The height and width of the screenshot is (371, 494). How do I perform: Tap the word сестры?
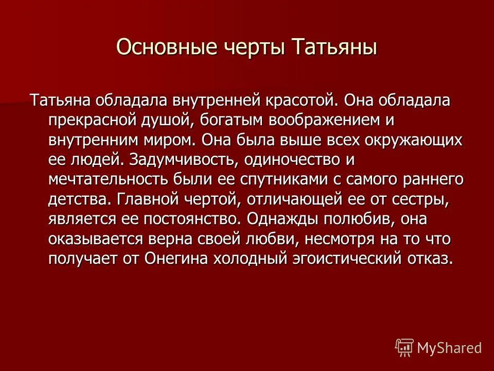pyautogui.click(x=419, y=199)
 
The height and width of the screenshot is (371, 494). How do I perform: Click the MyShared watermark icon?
pyautogui.click(x=404, y=347)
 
